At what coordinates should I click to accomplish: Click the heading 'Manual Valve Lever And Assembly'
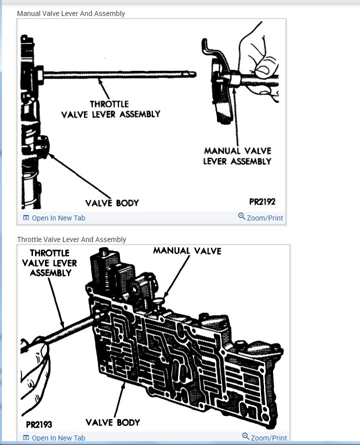(x=71, y=13)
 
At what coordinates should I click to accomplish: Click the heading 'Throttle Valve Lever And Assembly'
(x=71, y=239)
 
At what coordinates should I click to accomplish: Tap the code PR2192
(x=262, y=202)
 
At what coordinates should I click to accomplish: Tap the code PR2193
(x=38, y=424)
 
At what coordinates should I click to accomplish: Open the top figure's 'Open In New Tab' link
(x=58, y=218)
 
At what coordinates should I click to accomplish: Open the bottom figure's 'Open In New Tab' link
(x=58, y=438)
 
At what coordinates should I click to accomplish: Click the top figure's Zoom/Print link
(x=264, y=218)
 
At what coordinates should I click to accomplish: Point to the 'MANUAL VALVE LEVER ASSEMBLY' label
(x=237, y=155)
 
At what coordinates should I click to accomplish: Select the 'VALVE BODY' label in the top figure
(x=111, y=202)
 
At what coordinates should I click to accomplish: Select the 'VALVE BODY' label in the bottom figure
(x=112, y=422)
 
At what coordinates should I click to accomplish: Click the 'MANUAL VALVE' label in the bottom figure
(x=187, y=250)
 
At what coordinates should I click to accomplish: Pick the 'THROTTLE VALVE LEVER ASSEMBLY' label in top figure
(x=110, y=109)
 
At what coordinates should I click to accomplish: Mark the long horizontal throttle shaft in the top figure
(x=120, y=75)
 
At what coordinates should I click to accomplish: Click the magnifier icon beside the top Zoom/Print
(x=241, y=216)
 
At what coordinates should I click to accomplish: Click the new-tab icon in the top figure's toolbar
(x=26, y=218)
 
